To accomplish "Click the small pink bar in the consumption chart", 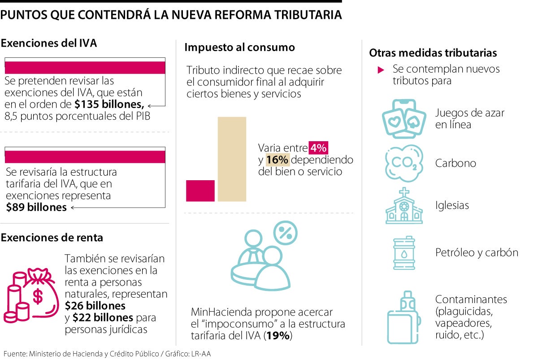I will pyautogui.click(x=200, y=191).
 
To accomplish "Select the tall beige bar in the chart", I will pyautogui.click(x=232, y=159).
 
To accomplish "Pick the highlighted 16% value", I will pyautogui.click(x=278, y=160).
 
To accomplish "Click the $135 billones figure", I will pyautogui.click(x=109, y=105).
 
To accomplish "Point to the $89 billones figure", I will pyautogui.click(x=36, y=207).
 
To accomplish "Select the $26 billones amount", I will pyautogui.click(x=95, y=306).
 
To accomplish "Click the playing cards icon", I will pyautogui.click(x=403, y=118).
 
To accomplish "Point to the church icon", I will pyautogui.click(x=404, y=206).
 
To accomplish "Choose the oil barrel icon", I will pyautogui.click(x=405, y=253).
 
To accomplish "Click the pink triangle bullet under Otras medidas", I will pyautogui.click(x=381, y=70).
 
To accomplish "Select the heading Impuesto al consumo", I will pyautogui.click(x=239, y=47).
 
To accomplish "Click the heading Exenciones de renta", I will pyautogui.click(x=52, y=238).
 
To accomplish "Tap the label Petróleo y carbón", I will pyautogui.click(x=476, y=252).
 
